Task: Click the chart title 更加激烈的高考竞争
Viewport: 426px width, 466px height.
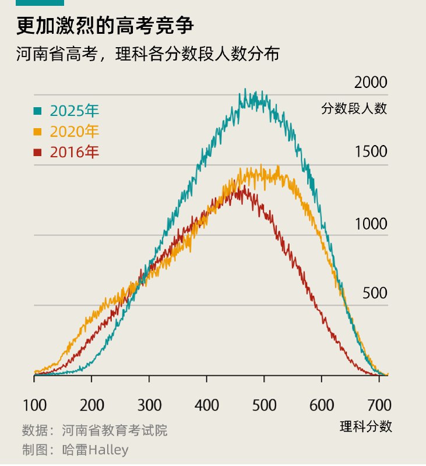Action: (x=105, y=27)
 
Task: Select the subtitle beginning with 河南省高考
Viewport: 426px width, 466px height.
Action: (x=149, y=55)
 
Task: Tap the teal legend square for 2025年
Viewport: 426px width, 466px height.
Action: (x=38, y=111)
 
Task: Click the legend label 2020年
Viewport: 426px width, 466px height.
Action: (x=75, y=132)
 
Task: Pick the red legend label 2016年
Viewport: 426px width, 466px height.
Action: (x=75, y=153)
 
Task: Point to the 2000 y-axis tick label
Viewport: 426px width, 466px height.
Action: (x=371, y=83)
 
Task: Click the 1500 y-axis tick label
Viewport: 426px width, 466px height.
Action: (x=371, y=152)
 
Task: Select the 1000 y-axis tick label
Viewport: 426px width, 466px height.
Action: (x=371, y=224)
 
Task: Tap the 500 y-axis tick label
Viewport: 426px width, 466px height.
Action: (x=375, y=293)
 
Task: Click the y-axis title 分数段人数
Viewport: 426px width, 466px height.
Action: (x=354, y=108)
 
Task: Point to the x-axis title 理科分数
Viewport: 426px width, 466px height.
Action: (x=366, y=426)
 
